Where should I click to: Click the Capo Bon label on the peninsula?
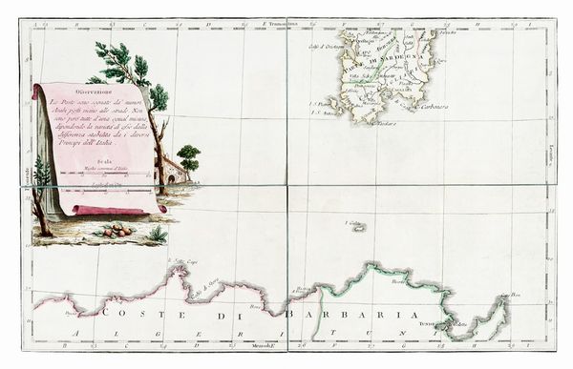[x=515, y=296]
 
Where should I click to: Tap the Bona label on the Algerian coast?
[x=254, y=307]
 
